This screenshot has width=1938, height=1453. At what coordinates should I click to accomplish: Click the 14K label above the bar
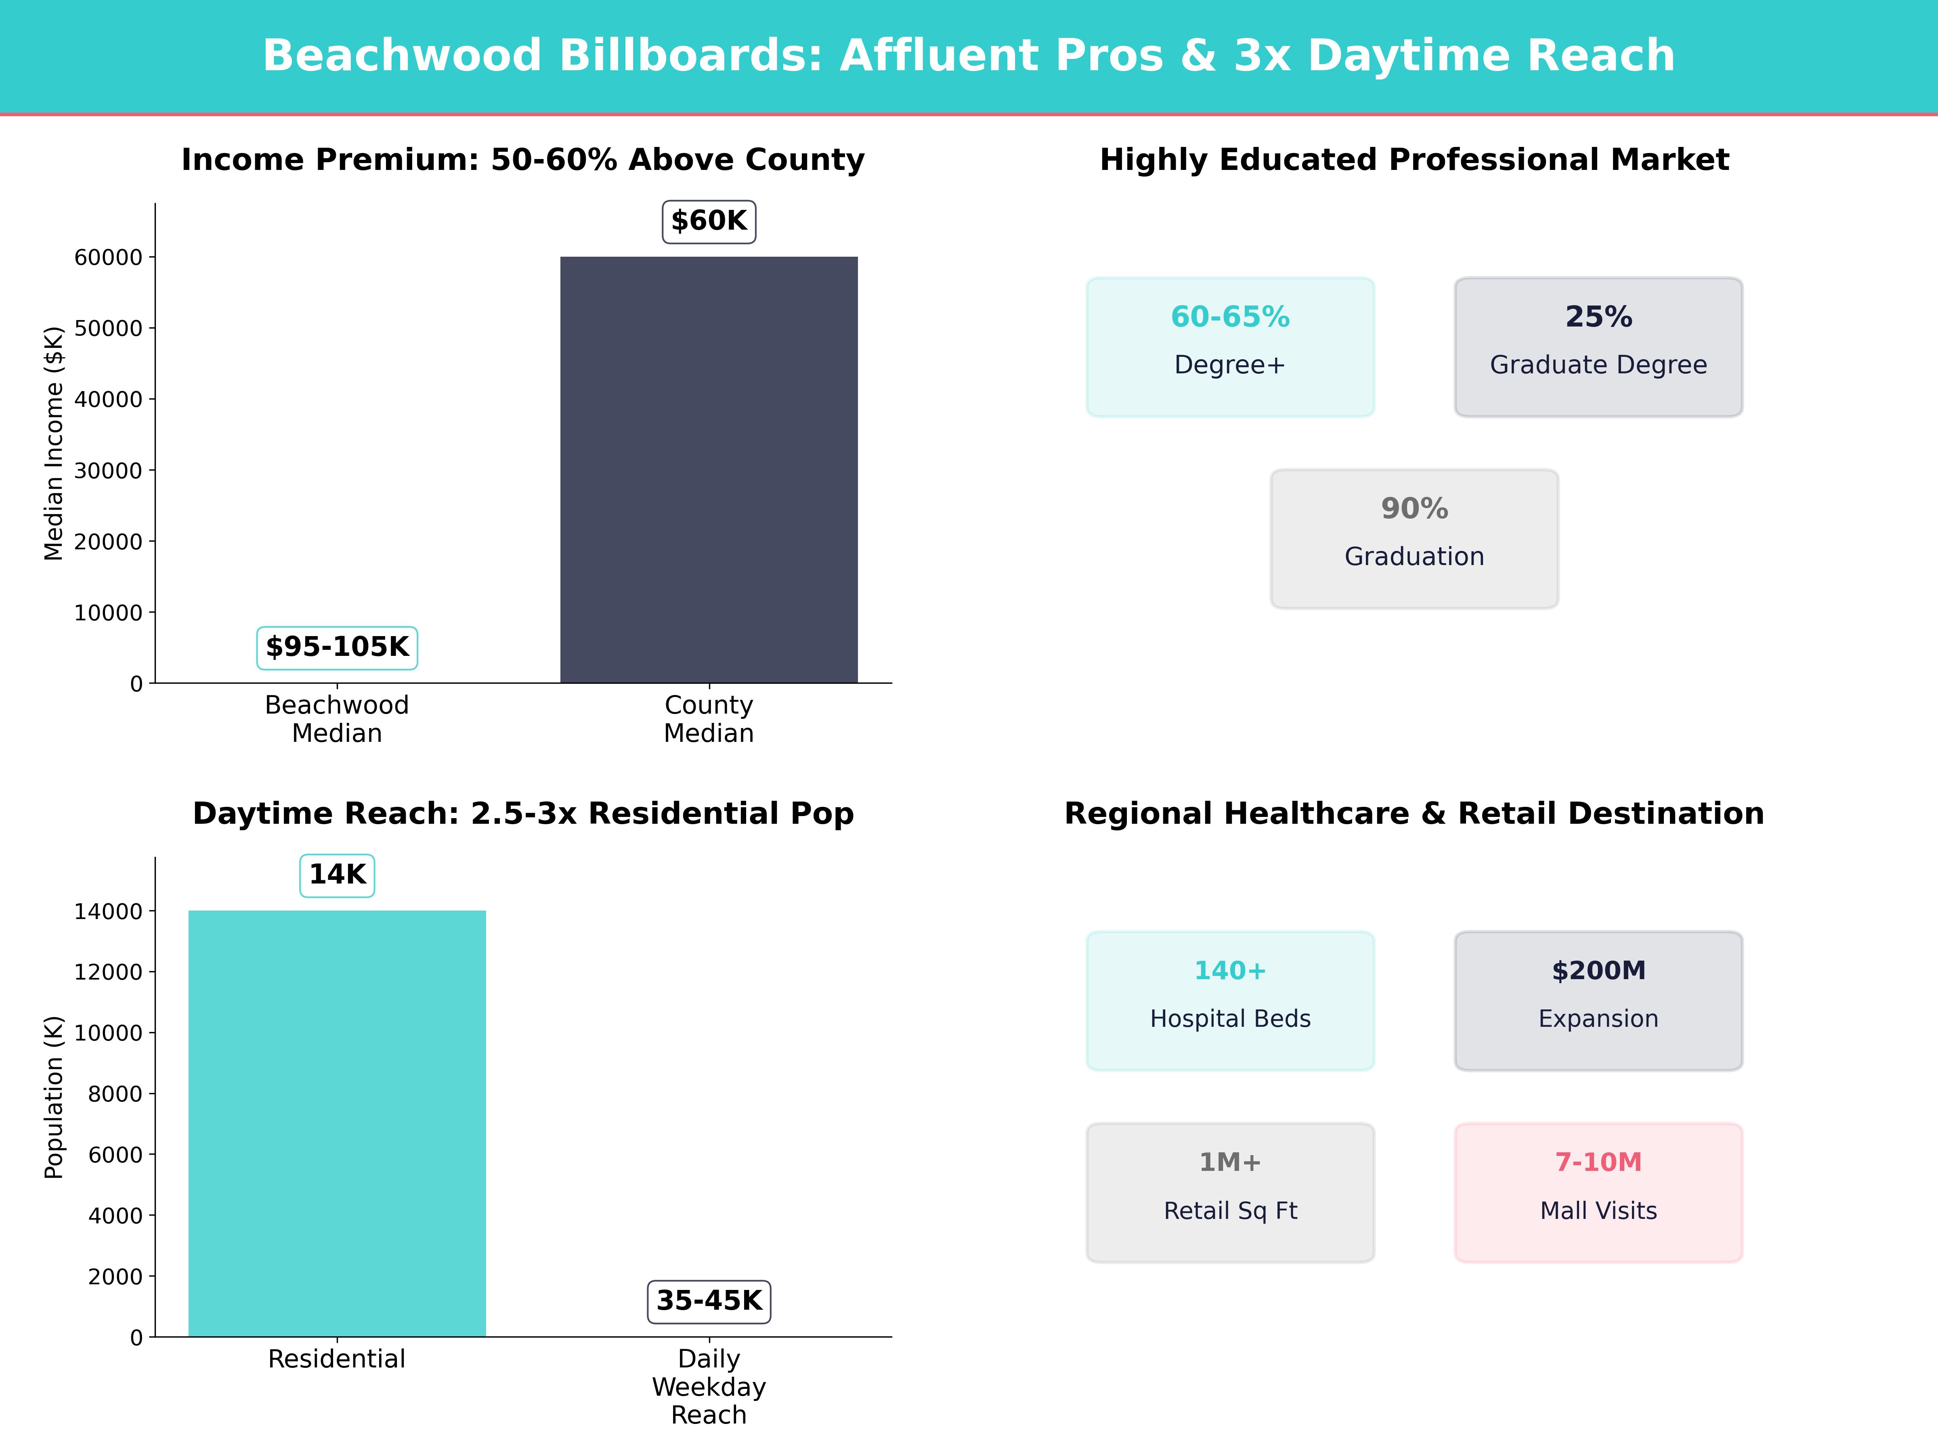pyautogui.click(x=337, y=875)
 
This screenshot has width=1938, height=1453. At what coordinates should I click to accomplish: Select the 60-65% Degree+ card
pyautogui.click(x=1230, y=347)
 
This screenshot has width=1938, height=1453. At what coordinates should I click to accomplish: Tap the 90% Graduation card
pyautogui.click(x=1414, y=539)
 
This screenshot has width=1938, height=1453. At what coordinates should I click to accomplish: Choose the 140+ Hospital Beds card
pyautogui.click(x=1230, y=1000)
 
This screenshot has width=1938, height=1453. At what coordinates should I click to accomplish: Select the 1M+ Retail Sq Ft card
pyautogui.click(x=1230, y=1192)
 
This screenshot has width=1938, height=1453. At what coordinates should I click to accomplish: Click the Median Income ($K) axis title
pyautogui.click(x=55, y=443)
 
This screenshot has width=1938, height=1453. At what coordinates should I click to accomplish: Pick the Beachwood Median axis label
pyautogui.click(x=337, y=719)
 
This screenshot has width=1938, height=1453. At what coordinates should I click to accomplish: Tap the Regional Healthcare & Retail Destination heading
pyautogui.click(x=1414, y=814)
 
